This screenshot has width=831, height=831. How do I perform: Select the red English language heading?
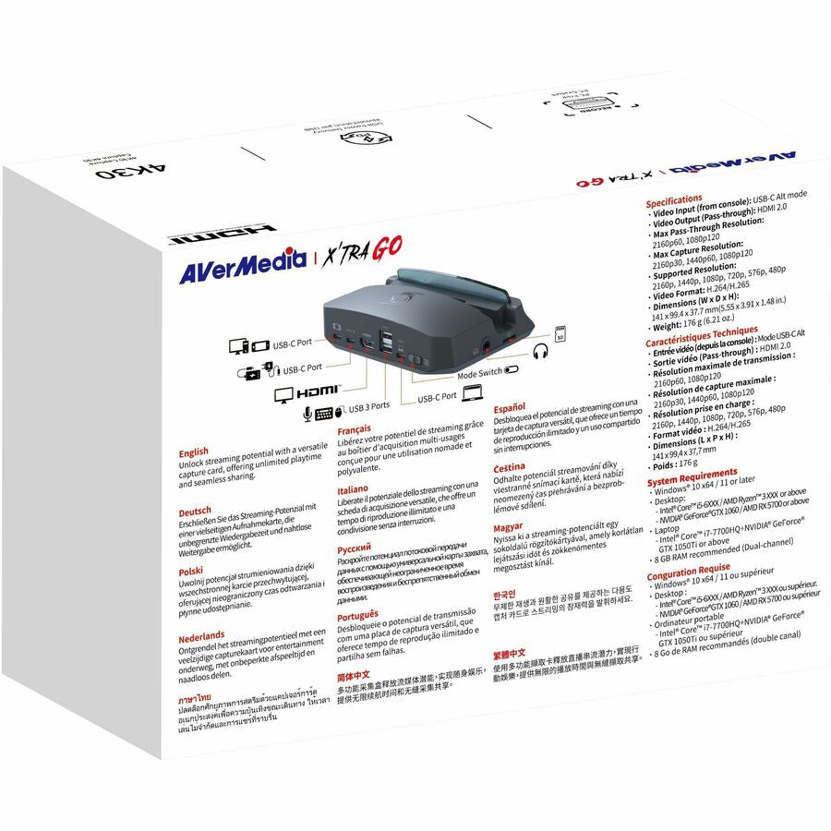(x=194, y=452)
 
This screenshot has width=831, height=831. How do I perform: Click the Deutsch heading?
(x=195, y=511)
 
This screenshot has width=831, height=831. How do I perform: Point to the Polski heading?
(x=190, y=572)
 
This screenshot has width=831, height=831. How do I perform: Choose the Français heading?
(x=355, y=429)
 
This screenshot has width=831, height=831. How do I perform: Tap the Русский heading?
(x=355, y=548)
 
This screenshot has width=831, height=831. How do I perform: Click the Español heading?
(x=509, y=407)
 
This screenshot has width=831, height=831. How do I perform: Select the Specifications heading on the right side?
(x=674, y=199)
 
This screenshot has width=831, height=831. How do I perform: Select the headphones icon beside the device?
(x=541, y=352)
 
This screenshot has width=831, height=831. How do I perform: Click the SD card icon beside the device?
(x=560, y=331)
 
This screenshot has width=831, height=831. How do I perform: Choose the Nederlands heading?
(x=201, y=635)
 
